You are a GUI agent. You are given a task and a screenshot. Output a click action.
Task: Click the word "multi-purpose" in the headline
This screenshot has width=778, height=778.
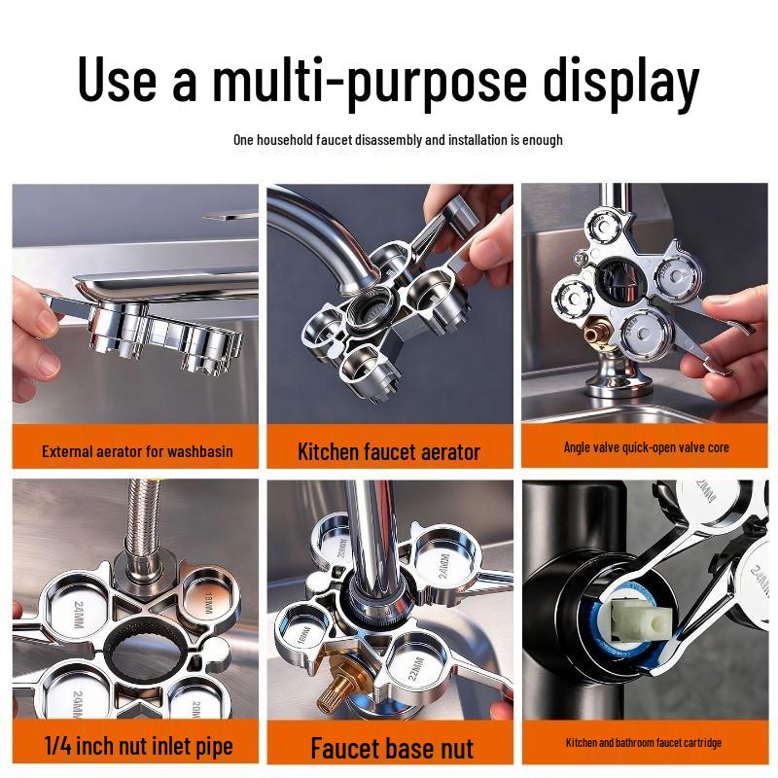click(x=370, y=81)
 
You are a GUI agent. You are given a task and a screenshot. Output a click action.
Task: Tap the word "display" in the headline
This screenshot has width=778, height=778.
click(x=620, y=81)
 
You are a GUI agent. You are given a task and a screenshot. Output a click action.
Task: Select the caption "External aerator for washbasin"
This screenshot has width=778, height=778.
click(x=137, y=451)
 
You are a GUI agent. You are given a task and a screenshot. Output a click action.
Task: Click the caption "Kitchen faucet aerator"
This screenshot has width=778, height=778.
click(x=389, y=451)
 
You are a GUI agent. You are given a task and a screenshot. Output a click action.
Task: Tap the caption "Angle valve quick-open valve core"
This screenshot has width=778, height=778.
click(x=646, y=447)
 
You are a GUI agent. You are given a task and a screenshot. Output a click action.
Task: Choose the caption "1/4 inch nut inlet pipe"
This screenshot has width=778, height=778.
click(x=138, y=746)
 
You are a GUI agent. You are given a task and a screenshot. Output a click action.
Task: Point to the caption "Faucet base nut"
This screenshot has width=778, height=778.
click(x=392, y=748)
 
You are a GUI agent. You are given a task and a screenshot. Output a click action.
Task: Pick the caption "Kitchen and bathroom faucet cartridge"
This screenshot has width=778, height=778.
click(x=644, y=743)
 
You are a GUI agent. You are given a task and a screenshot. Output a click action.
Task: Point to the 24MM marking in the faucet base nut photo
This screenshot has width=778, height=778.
click(x=443, y=565)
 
